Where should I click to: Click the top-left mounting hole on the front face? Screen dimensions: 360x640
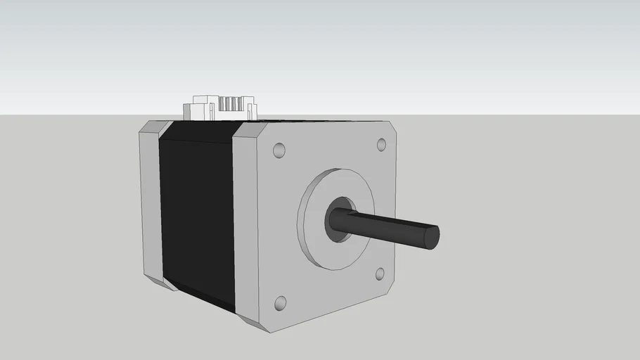(279, 151)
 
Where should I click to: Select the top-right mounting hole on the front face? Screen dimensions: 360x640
(382, 145)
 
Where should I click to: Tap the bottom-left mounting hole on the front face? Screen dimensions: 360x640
(280, 303)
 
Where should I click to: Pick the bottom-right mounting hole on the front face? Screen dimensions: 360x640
(380, 274)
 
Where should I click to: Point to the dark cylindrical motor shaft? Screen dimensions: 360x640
(387, 227)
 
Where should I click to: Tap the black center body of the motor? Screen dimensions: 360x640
(197, 218)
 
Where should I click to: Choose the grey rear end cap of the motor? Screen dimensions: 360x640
(151, 204)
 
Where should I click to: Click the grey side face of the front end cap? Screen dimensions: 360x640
(245, 225)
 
